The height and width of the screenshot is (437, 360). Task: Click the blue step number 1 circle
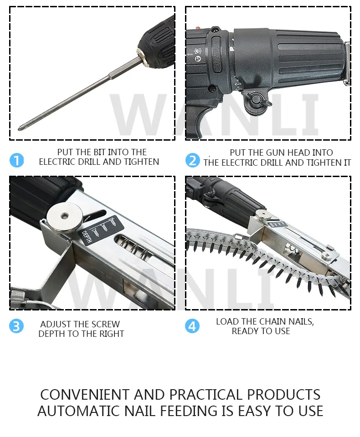17,160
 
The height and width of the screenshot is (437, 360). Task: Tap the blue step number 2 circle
193,160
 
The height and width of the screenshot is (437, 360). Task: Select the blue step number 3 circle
16,326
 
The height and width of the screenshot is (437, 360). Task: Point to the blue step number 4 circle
192,326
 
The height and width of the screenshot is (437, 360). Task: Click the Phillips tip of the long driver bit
20,129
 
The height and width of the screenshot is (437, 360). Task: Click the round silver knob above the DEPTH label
64,216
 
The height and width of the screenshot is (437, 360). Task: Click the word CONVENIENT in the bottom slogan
85,395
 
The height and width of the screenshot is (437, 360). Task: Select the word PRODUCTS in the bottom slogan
283,395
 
